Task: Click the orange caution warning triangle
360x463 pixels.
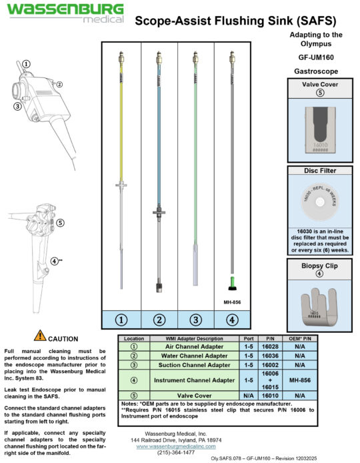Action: (x=40, y=336)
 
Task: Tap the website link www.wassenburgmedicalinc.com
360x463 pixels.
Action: (x=173, y=446)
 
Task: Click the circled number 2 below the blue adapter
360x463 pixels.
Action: (x=159, y=320)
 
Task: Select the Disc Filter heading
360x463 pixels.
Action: (x=319, y=170)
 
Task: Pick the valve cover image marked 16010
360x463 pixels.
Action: (x=319, y=127)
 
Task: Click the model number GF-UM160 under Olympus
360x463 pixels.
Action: (x=316, y=57)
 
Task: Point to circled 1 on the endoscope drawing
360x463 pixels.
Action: (x=25, y=64)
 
